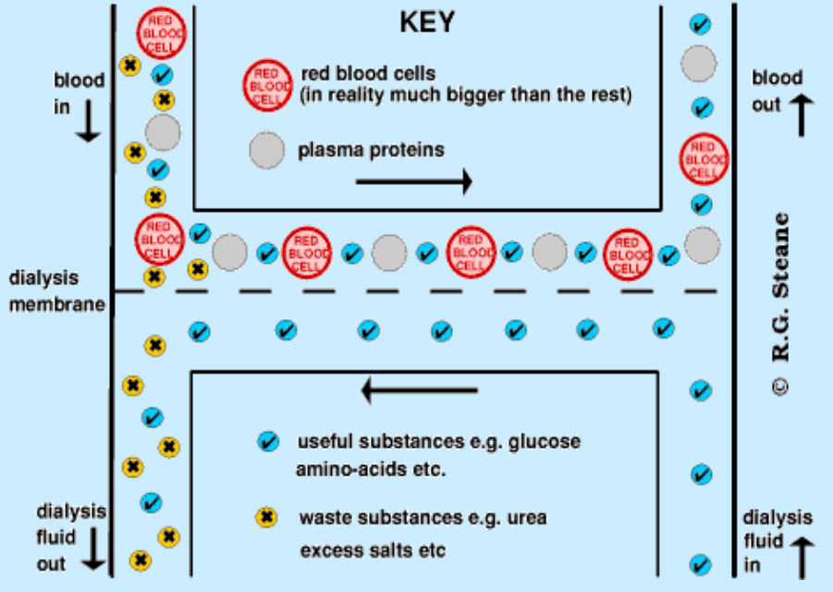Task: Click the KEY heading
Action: [427, 22]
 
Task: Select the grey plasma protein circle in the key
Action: [267, 150]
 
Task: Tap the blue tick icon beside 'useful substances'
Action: [268, 442]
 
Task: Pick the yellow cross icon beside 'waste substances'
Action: [268, 518]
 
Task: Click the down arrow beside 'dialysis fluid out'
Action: [94, 551]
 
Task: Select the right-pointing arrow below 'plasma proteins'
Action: [413, 182]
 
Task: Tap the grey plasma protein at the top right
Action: [699, 64]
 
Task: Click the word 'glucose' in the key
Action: [545, 442]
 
